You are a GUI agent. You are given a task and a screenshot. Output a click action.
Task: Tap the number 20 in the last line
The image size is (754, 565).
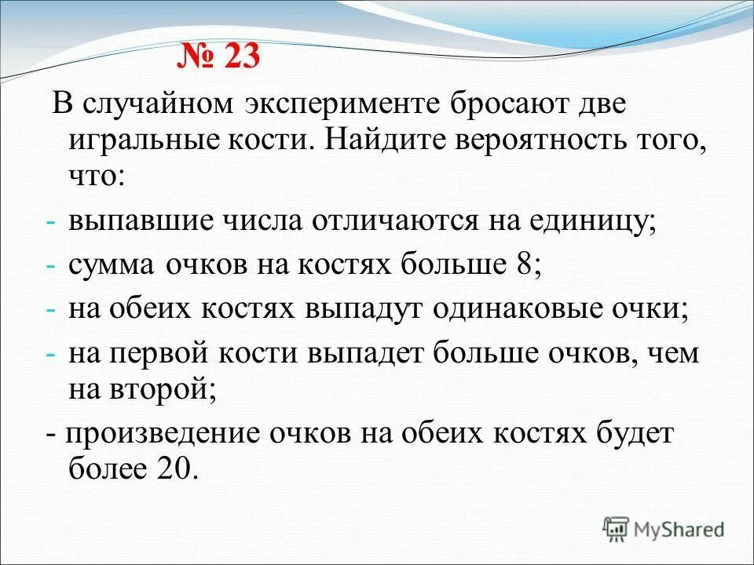(173, 469)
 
